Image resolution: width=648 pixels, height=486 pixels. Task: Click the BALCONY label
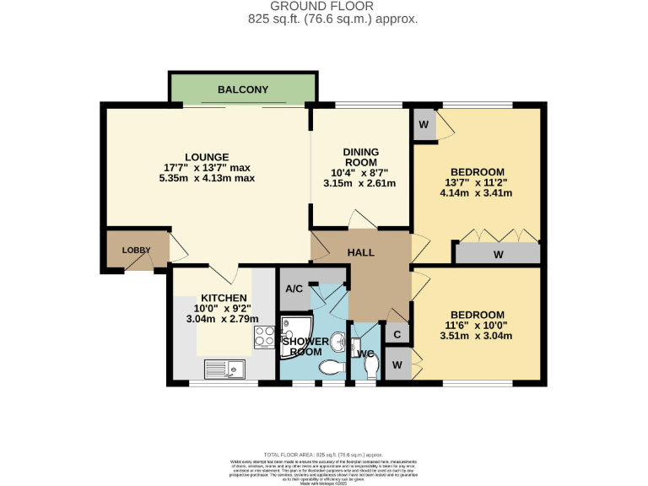(243, 89)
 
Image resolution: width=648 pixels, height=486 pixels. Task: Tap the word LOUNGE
(208, 157)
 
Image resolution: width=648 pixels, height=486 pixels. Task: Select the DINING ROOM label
(360, 158)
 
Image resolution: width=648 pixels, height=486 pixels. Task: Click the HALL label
(360, 252)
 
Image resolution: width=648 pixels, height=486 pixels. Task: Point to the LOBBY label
(135, 251)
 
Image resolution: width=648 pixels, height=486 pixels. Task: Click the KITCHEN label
(224, 298)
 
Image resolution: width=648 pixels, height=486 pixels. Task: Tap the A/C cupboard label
(294, 288)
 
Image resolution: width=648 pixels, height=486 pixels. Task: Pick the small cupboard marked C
(398, 334)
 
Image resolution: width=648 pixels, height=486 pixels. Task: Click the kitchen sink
(224, 368)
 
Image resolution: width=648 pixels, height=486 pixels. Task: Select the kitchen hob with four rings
(265, 337)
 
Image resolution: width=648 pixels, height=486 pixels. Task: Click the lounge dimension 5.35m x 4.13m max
(208, 178)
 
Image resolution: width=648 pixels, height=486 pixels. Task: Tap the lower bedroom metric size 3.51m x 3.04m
(477, 335)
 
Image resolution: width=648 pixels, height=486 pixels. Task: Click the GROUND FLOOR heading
(323, 7)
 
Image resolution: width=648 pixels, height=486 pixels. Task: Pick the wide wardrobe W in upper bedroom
(498, 253)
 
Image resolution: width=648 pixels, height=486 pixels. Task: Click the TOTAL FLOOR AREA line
(323, 454)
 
